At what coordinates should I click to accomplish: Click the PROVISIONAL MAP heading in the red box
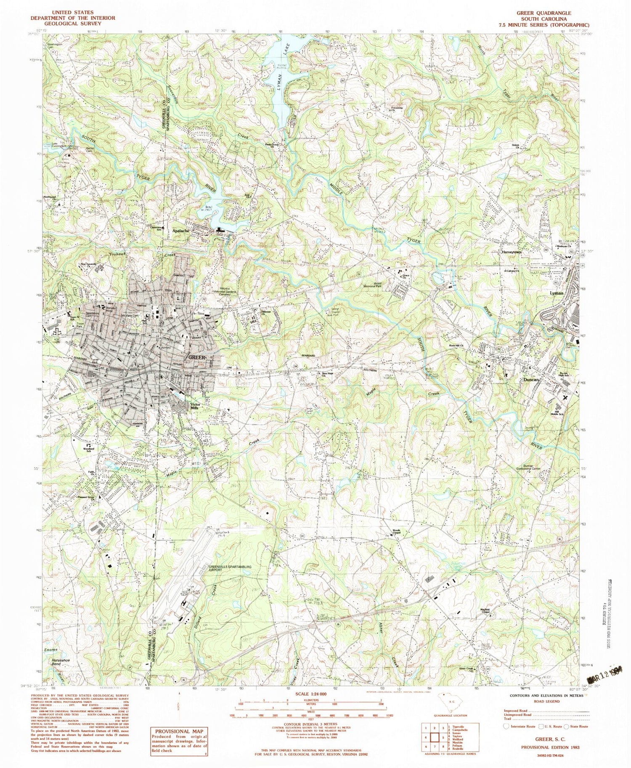180,731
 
